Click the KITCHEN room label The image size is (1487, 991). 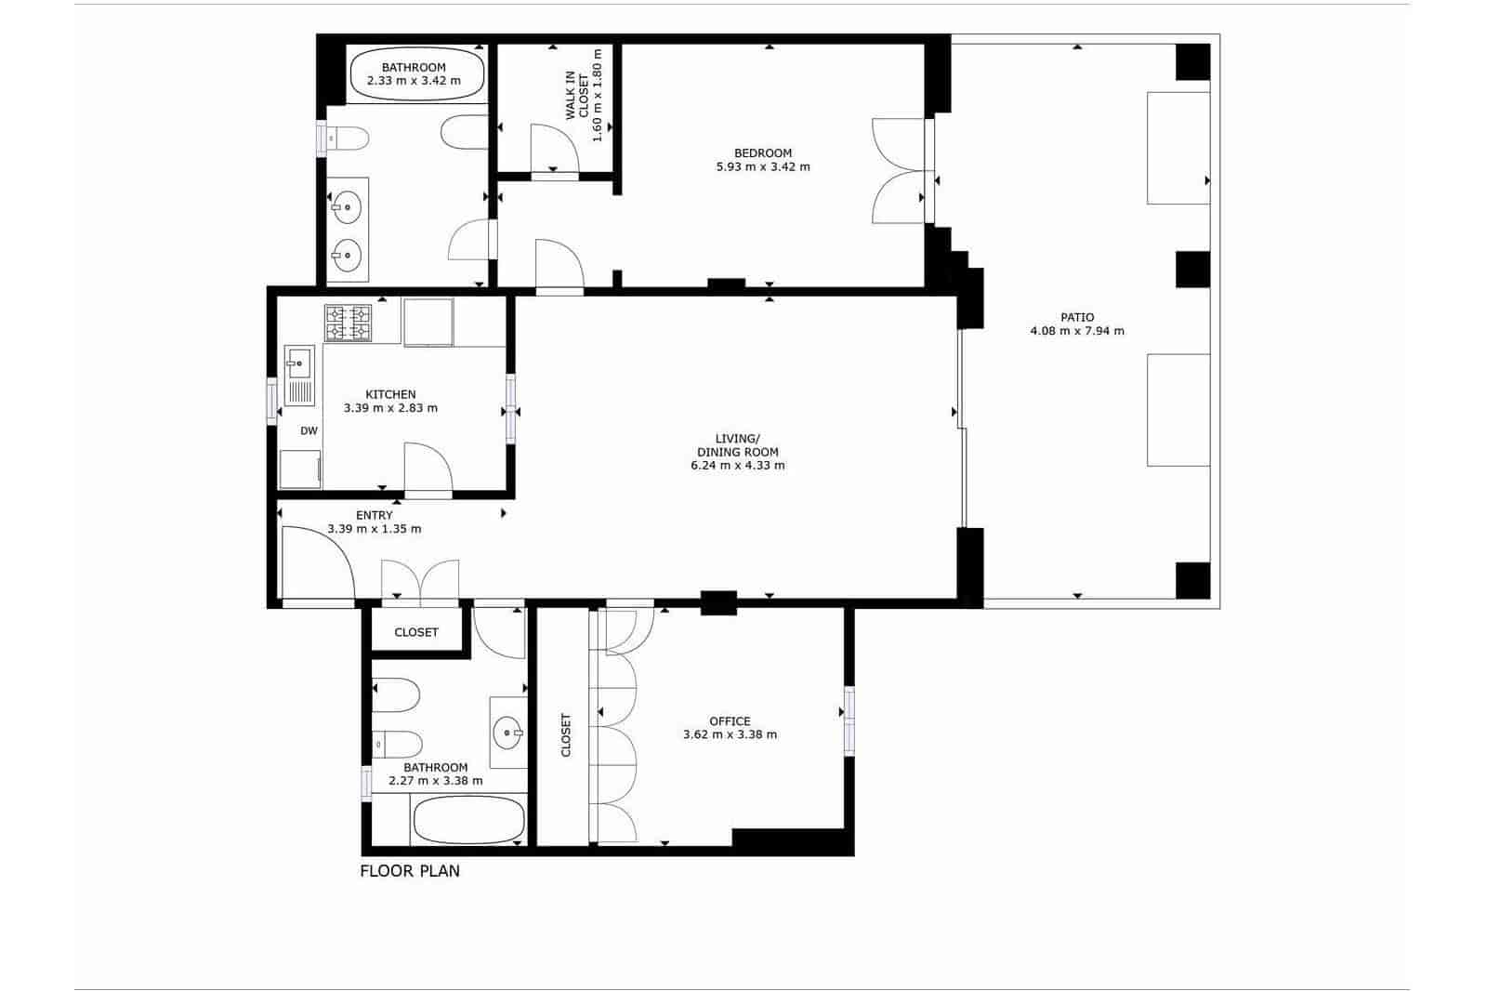(x=390, y=394)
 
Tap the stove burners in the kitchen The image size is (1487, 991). (x=348, y=323)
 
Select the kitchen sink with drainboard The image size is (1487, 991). (x=299, y=375)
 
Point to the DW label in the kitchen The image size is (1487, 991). (x=309, y=430)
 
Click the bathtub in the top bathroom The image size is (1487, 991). (x=416, y=74)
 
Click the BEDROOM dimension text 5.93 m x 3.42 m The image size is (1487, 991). (x=762, y=167)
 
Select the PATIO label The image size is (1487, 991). (x=1076, y=317)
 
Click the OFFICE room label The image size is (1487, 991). (x=730, y=720)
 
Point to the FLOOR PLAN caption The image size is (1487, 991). (x=410, y=871)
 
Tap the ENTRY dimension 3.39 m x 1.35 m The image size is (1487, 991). (x=374, y=529)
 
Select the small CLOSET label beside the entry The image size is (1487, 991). (x=415, y=632)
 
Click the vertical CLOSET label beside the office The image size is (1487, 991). (x=566, y=734)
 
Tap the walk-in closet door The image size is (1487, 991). (x=555, y=148)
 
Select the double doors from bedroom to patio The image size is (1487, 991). (x=897, y=171)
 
